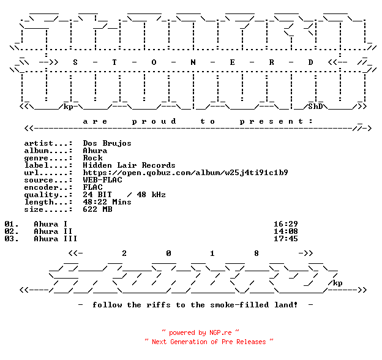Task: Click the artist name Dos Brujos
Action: pyautogui.click(x=107, y=143)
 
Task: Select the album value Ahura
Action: pyautogui.click(x=95, y=151)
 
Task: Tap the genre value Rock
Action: pyautogui.click(x=92, y=158)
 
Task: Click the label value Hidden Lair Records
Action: pyautogui.click(x=129, y=165)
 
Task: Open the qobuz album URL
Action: pyautogui.click(x=185, y=173)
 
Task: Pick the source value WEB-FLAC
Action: pyautogui.click(x=102, y=180)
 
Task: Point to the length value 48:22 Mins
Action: pyautogui.click(x=107, y=202)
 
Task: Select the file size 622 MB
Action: pyautogui.click(x=97, y=209)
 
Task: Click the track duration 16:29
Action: pyautogui.click(x=285, y=224)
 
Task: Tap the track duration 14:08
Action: pyautogui.click(x=285, y=231)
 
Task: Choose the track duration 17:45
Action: pyautogui.click(x=285, y=238)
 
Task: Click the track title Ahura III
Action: pyautogui.click(x=56, y=238)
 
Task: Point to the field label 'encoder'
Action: pyautogui.click(x=41, y=187)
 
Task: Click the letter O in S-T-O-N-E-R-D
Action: pyautogui.click(x=154, y=62)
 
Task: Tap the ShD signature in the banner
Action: pyautogui.click(x=315, y=107)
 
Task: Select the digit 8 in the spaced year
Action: pyautogui.click(x=257, y=253)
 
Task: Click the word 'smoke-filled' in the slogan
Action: pyautogui.click(x=239, y=305)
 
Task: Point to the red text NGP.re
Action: pyautogui.click(x=220, y=332)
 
